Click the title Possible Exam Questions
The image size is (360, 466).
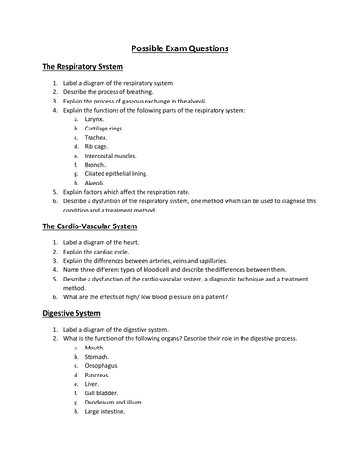pyautogui.click(x=179, y=48)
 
